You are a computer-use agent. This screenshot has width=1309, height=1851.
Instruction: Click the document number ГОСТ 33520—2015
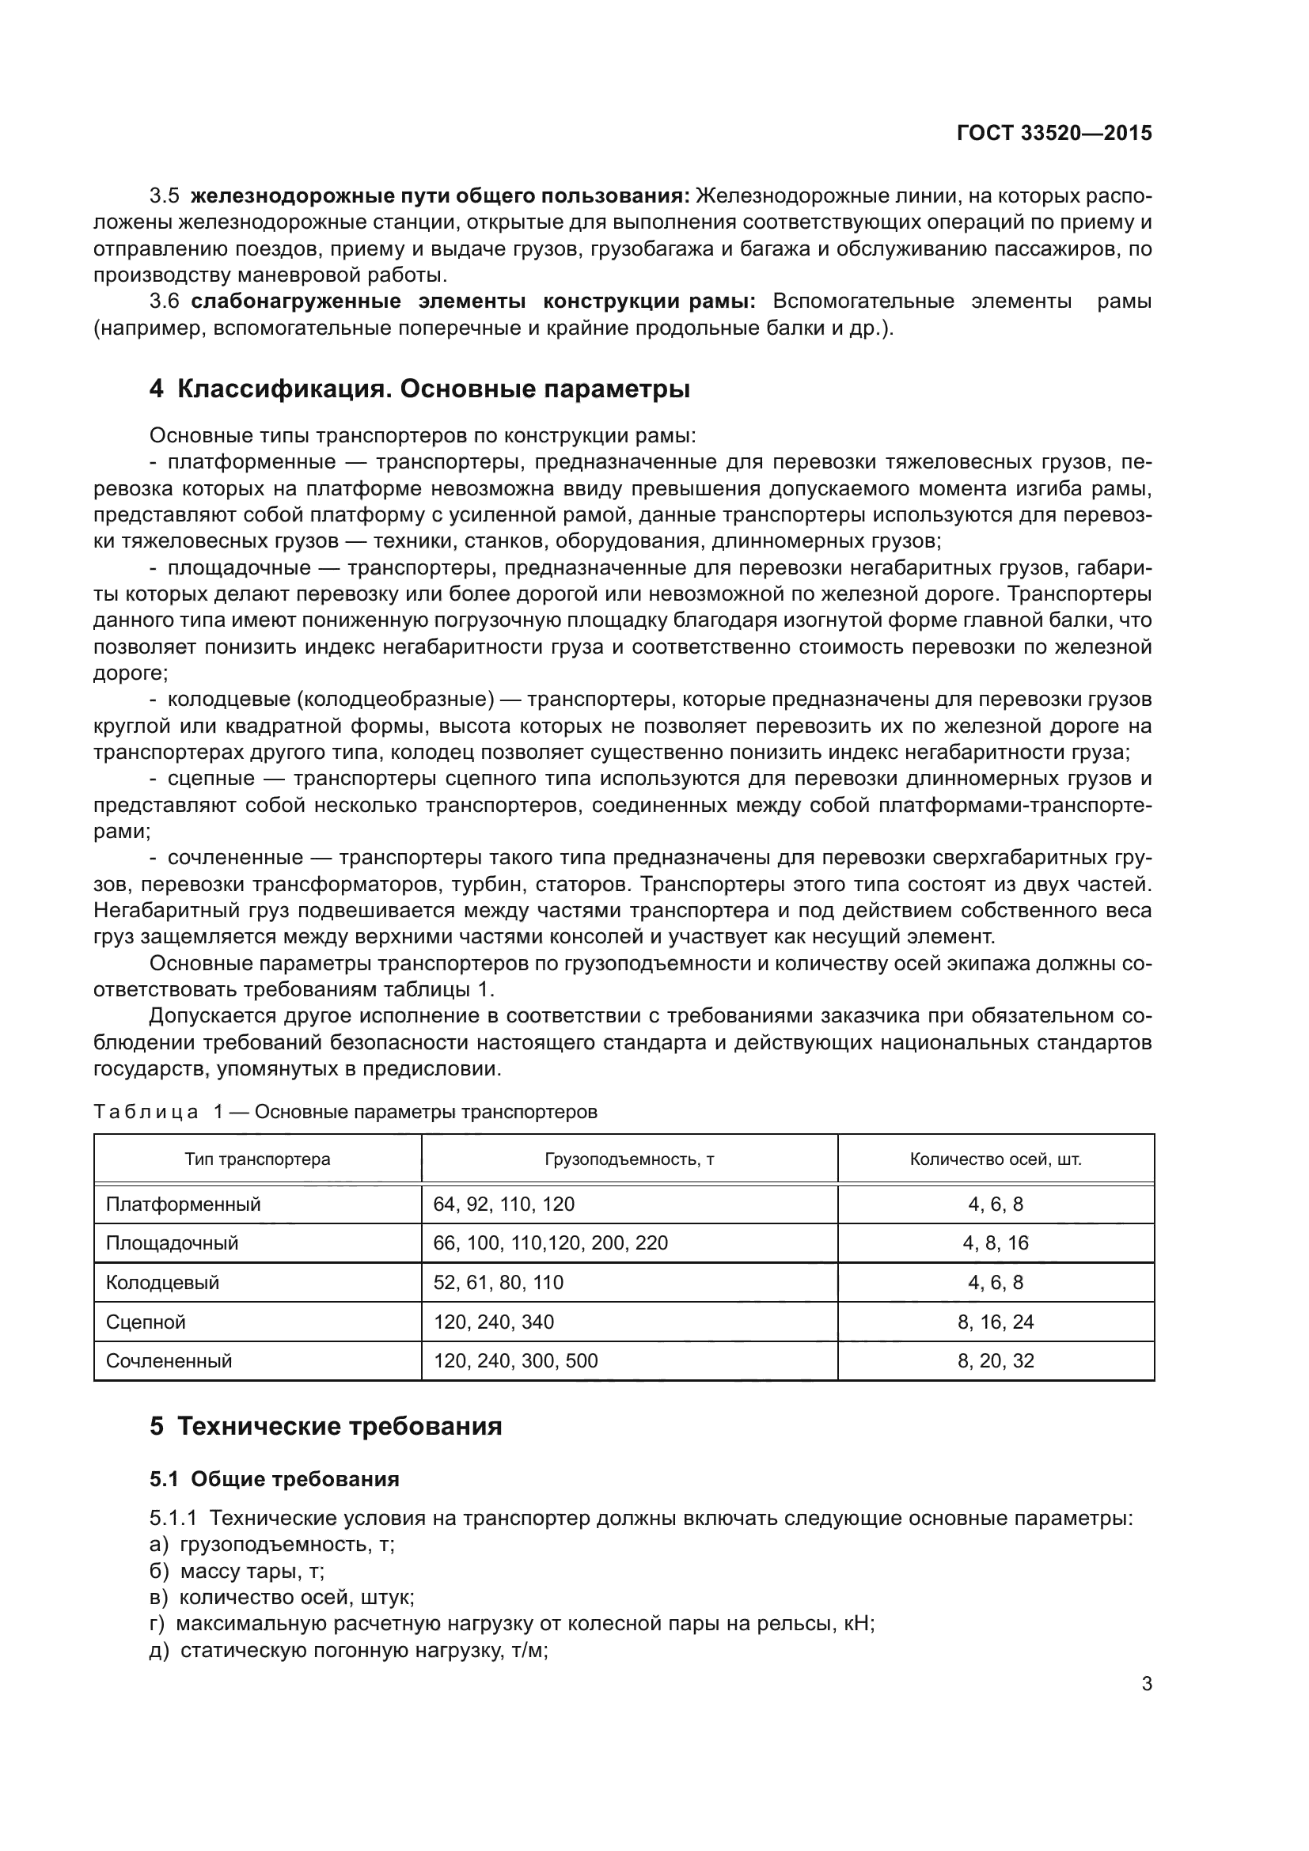pos(1053,133)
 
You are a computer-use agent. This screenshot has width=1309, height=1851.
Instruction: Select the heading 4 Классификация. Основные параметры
pos(419,389)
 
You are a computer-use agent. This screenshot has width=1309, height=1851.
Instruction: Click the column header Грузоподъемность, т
pos(628,1159)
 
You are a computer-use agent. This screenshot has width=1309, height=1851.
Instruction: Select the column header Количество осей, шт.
pos(996,1159)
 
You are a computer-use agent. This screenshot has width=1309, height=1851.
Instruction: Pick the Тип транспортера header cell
pos(257,1159)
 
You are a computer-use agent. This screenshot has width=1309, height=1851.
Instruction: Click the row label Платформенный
pos(183,1204)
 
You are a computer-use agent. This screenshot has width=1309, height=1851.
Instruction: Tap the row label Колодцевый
pos(162,1283)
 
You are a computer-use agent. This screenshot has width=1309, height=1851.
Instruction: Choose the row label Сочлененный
pos(169,1361)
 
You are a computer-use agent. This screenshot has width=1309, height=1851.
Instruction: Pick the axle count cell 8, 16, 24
pos(996,1322)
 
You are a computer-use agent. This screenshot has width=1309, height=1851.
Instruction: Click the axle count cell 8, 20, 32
pos(996,1361)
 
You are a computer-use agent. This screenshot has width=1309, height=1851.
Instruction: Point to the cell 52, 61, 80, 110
pos(498,1283)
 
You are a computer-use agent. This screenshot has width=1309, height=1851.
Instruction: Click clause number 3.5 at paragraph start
pos(165,196)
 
